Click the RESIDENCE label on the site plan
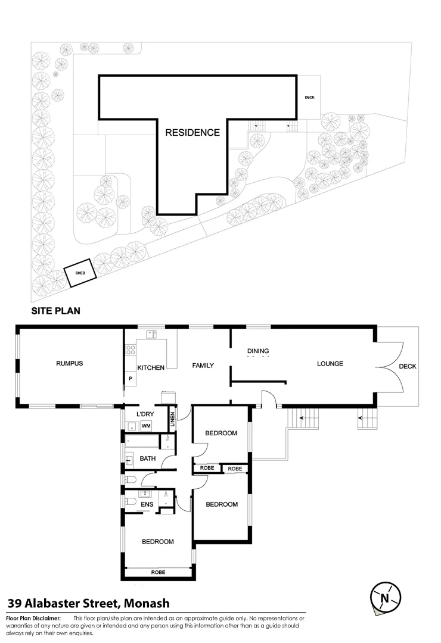[192, 133]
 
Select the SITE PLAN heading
[55, 311]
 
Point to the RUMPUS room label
[69, 364]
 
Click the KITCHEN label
[151, 368]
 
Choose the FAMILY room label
[203, 365]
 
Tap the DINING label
[258, 351]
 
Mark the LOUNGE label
[330, 364]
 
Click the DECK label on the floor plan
[408, 366]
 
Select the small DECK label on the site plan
[309, 98]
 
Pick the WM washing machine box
[146, 426]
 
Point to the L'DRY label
[145, 414]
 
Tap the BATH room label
[147, 459]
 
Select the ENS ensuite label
[147, 504]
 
